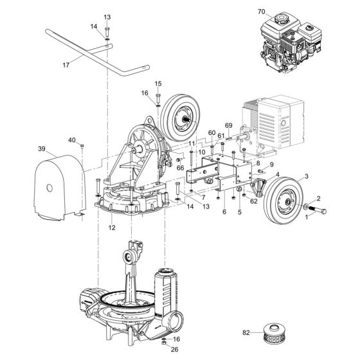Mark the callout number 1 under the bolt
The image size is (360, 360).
coord(306,218)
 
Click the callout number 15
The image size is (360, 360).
coord(158,84)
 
